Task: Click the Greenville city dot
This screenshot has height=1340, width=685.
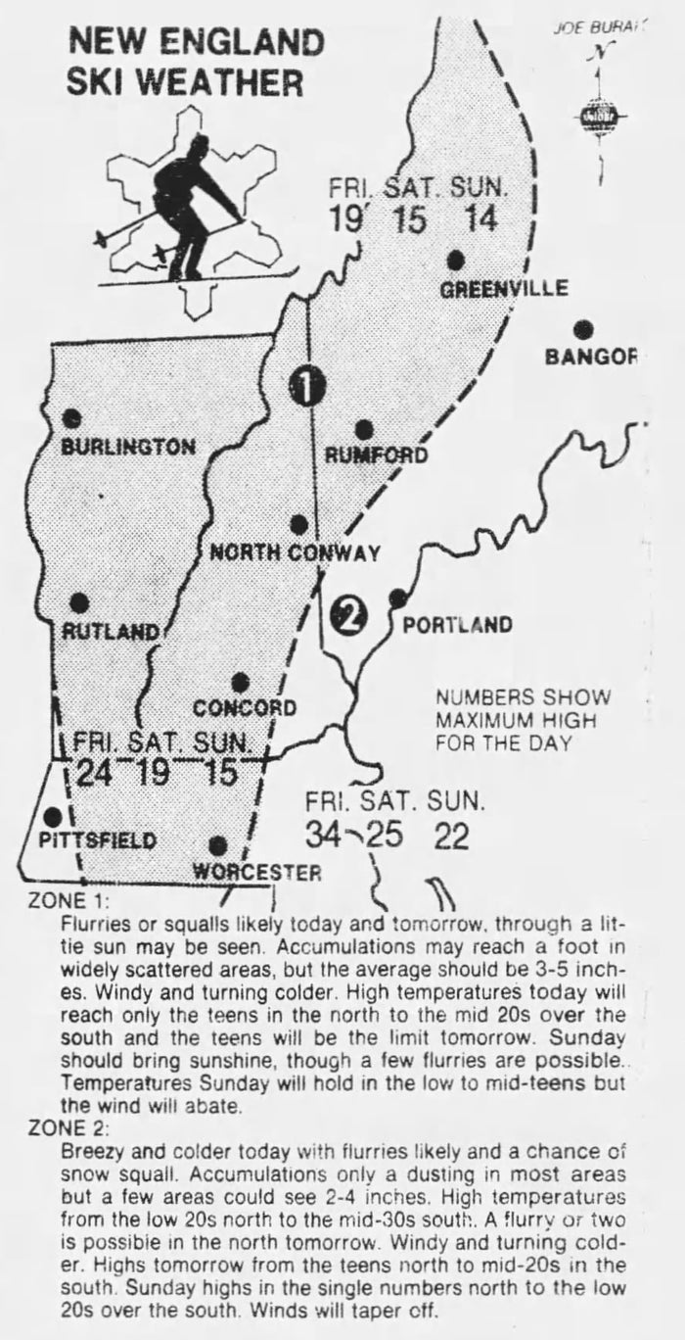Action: click(x=455, y=260)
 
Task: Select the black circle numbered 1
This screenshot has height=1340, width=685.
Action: click(x=307, y=388)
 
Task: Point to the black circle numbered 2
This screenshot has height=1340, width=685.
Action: click(x=347, y=615)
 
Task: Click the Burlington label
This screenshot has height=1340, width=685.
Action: click(x=128, y=447)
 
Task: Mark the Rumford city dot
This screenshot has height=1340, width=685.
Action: click(x=364, y=429)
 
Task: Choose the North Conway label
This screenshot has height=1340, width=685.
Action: click(x=295, y=553)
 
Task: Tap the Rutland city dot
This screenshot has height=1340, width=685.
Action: click(x=80, y=602)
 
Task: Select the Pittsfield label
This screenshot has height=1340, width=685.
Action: click(x=97, y=839)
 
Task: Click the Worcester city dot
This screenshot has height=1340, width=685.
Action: click(x=218, y=844)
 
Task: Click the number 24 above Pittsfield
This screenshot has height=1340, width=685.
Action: click(x=95, y=773)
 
